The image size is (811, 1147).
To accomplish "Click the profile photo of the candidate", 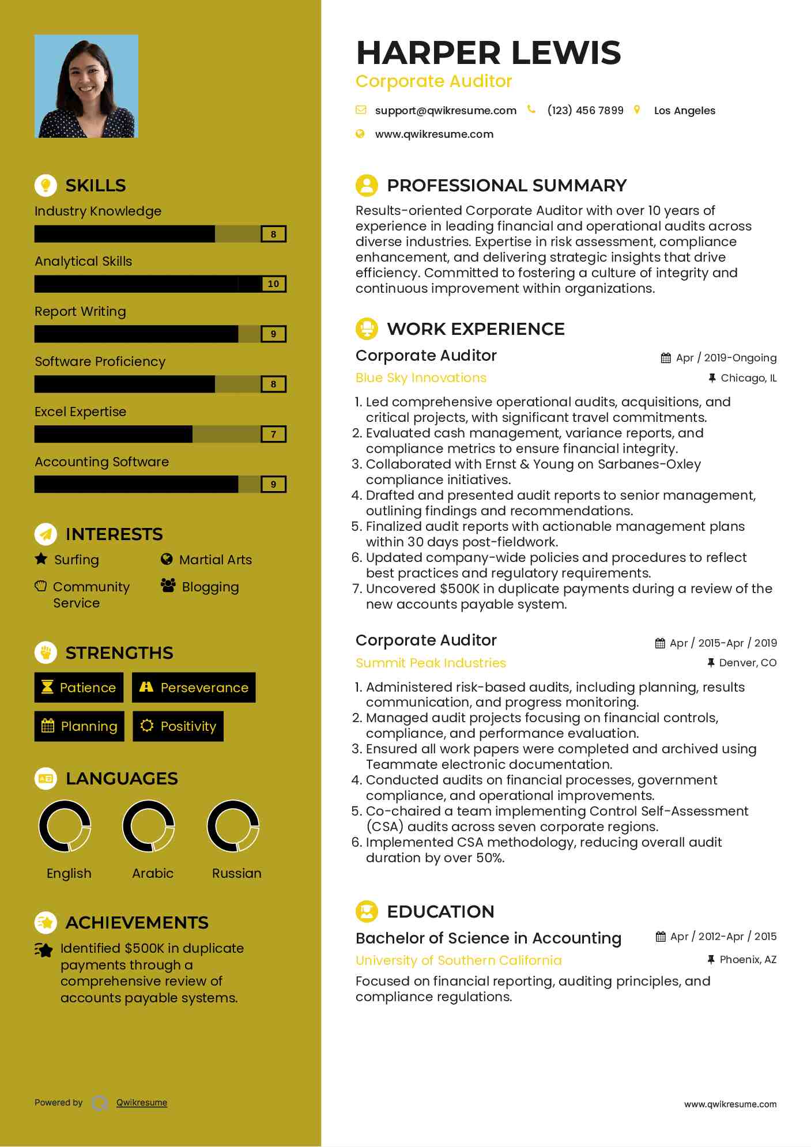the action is pos(86,86).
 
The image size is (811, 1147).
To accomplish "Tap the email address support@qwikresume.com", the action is pos(445,110).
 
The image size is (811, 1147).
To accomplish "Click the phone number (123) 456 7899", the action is pos(585,110).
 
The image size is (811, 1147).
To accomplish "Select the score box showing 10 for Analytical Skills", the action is pos(273,284).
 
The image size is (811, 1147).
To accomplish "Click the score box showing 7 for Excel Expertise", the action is pos(273,434).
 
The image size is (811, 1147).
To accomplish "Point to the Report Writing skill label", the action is pos(80,311).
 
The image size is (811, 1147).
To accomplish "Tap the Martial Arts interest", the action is pos(215,560).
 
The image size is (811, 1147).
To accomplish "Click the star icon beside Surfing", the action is pos(41,559).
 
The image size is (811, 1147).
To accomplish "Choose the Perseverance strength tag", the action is pos(194,688).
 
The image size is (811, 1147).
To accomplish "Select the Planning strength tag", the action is pos(80,726).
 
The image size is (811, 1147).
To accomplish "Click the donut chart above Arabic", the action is pos(149,826).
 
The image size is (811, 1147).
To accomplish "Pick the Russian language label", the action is pos(236,873).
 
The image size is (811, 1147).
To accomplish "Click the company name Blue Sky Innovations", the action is pos(421,378).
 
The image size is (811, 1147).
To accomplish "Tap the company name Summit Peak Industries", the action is pos(431,663).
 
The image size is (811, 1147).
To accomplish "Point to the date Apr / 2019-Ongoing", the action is pos(726,358).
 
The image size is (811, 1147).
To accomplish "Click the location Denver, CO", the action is pos(747,663).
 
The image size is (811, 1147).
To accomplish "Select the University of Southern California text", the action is pos(458,960).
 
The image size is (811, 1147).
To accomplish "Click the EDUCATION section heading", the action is pos(440,911).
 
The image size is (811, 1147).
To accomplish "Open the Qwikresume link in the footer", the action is pos(142,1103).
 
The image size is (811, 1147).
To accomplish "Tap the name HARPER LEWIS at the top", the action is pos(488,52).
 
